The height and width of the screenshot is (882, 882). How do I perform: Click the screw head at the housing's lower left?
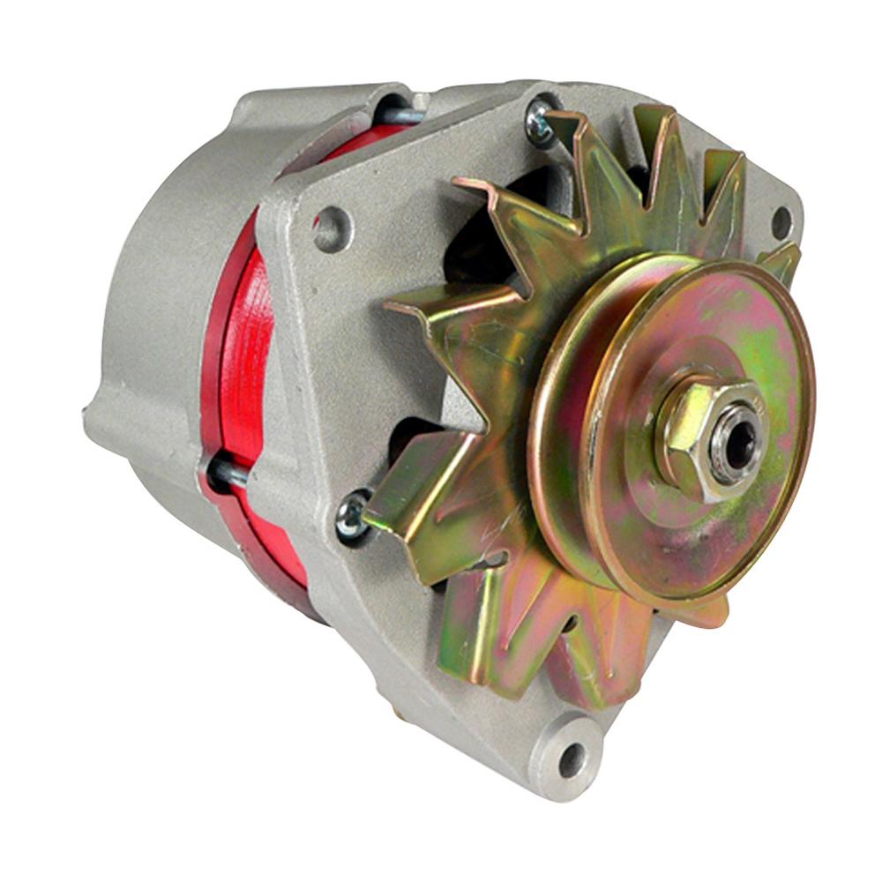tap(353, 516)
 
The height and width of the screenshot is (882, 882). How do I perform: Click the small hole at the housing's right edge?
tap(781, 222)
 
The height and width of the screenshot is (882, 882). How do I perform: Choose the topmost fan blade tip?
tap(653, 119)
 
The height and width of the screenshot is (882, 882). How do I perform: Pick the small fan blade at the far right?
tap(781, 261)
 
